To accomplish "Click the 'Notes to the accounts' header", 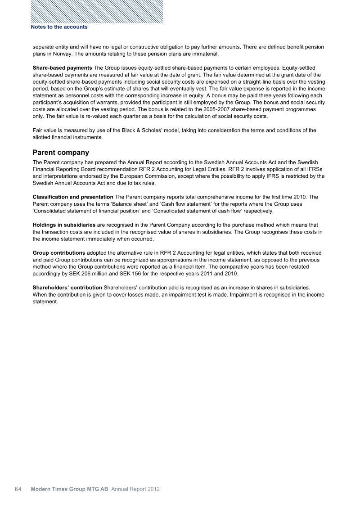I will coord(59,27).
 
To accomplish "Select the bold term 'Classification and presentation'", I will coord(73,197).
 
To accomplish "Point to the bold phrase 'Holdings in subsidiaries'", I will coord(64,225).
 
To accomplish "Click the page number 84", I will coord(18,489).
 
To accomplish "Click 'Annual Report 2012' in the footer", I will coord(135,489).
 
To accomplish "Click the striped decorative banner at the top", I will coord(97,11).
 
